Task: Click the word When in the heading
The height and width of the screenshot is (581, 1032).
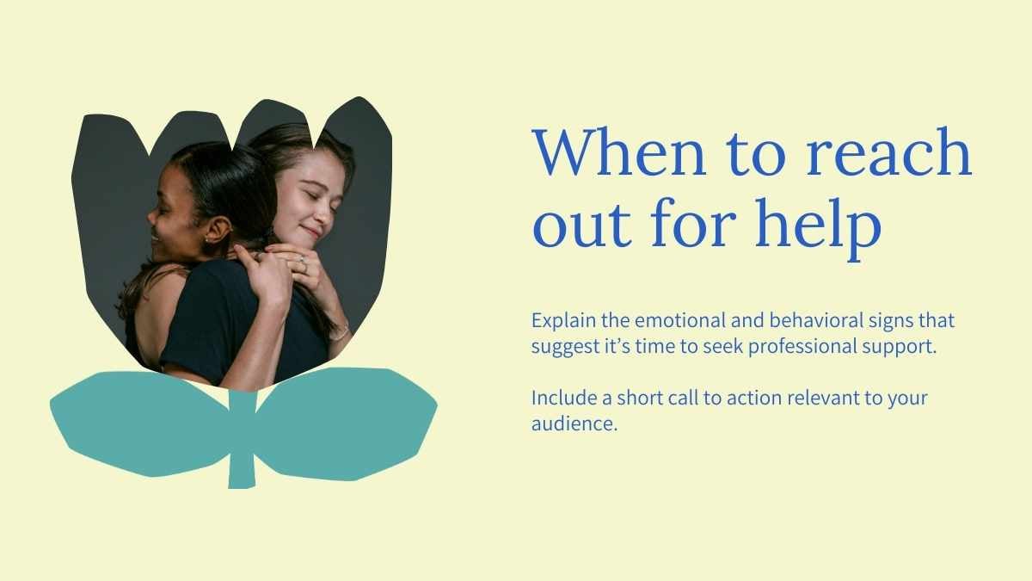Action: (619, 152)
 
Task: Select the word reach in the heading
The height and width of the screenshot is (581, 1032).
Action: (888, 152)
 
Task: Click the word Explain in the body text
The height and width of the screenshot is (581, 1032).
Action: (563, 321)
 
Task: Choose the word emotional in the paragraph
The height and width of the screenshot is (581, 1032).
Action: (680, 320)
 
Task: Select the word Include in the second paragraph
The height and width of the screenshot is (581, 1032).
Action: (564, 398)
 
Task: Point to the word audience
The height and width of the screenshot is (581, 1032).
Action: (574, 423)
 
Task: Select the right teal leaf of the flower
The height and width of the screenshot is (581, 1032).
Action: (346, 422)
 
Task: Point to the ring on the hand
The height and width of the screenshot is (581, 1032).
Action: (303, 263)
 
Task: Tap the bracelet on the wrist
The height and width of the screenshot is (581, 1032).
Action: (340, 331)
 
